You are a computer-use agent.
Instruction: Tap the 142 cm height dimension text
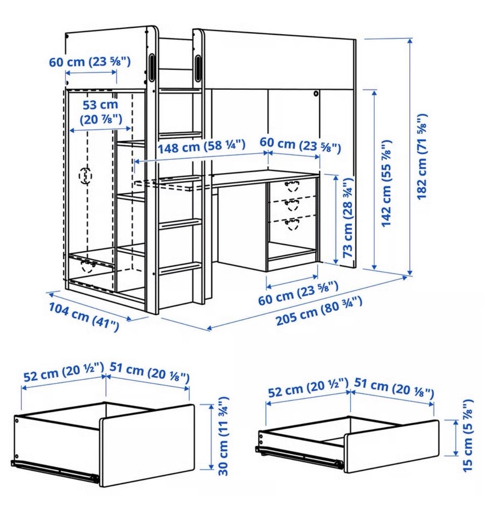tap(386, 183)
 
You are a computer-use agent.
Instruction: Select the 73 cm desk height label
tap(348, 217)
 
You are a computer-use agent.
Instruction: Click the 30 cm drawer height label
tap(223, 436)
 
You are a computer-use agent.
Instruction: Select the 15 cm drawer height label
tap(467, 435)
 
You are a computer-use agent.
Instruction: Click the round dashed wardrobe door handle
tap(85, 176)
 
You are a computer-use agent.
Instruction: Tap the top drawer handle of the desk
tap(291, 186)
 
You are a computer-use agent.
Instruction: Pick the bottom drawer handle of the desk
tap(292, 224)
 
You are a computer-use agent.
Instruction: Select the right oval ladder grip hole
tap(199, 68)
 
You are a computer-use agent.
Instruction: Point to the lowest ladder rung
tap(180, 268)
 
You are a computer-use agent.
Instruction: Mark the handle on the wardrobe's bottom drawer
tap(87, 266)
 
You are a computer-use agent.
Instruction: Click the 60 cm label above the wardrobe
tap(90, 62)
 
